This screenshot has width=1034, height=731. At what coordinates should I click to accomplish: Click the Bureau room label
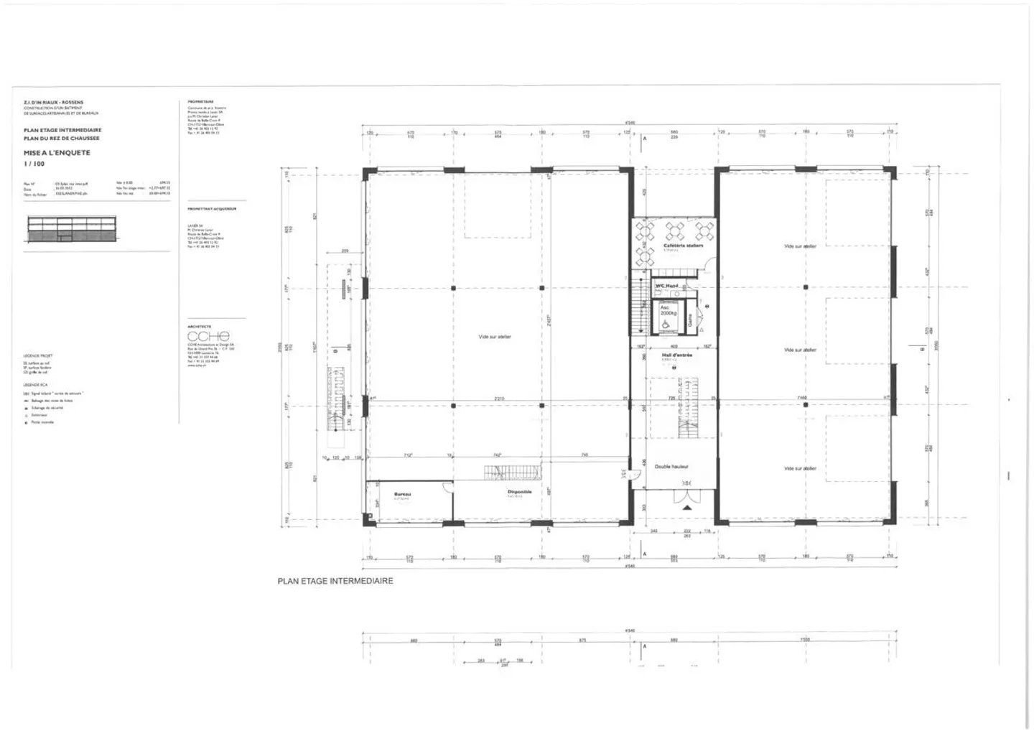(x=402, y=494)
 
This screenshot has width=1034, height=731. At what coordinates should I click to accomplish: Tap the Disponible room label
(x=519, y=492)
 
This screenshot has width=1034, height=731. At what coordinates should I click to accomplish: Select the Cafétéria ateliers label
(x=683, y=246)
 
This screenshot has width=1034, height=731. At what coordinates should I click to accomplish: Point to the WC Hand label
(x=666, y=286)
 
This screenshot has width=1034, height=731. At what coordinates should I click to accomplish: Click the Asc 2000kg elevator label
(x=668, y=310)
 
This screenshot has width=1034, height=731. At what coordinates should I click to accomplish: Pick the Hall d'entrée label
(x=676, y=355)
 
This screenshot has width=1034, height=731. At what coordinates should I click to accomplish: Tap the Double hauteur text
(x=671, y=467)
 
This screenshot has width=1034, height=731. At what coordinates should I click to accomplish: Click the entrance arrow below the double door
(x=687, y=508)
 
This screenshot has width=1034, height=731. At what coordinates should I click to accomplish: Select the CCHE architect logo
(x=208, y=336)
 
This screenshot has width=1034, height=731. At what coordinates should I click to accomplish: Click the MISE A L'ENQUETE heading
(x=57, y=153)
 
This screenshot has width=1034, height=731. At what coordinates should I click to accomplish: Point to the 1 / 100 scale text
(x=34, y=164)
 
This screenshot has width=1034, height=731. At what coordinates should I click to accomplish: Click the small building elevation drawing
(x=72, y=229)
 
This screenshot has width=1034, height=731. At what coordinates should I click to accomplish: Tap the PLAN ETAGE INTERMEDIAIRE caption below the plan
(x=335, y=581)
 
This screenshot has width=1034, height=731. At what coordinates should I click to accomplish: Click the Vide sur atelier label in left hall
(x=495, y=336)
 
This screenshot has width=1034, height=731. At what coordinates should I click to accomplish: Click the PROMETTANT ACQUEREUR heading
(x=211, y=209)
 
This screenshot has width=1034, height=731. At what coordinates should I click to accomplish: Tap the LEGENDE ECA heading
(x=36, y=386)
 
